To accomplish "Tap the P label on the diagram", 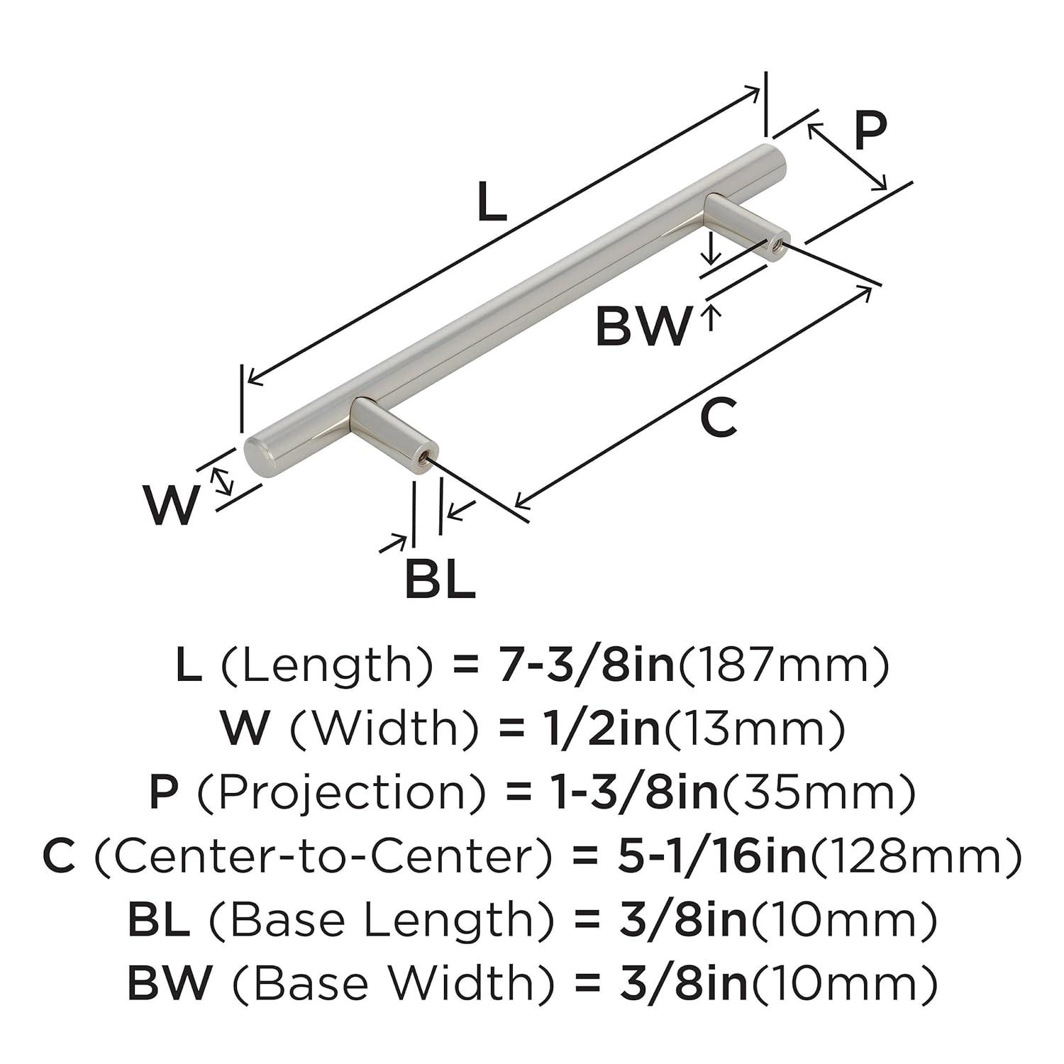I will point(869,131).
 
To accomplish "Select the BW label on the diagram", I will point(643,327).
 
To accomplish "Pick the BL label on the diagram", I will point(440,580).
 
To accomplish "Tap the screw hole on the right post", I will point(775,244).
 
